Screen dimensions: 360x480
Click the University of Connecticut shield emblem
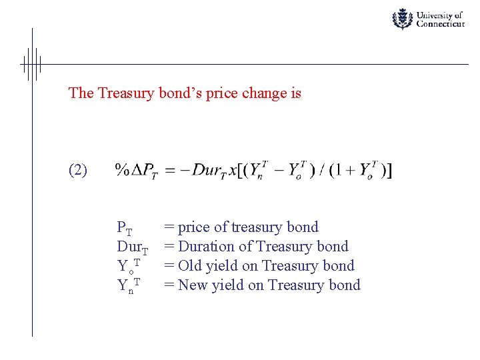[402, 19]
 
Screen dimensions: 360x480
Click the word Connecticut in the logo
[440, 24]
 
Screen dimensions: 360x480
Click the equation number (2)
[78, 170]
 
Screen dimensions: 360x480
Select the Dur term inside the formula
[203, 171]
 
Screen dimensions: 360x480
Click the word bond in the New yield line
[344, 285]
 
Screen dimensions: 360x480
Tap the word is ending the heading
[296, 93]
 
